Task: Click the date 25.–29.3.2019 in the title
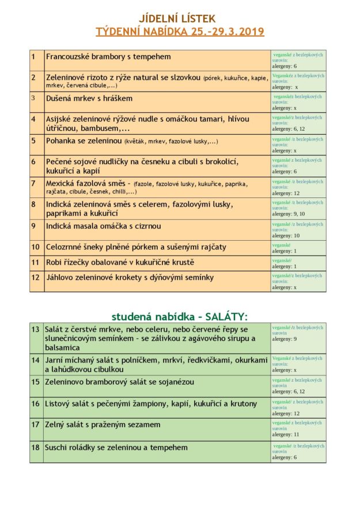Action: click(225, 31)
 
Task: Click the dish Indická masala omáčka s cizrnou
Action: click(104, 226)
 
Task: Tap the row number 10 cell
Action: click(36, 247)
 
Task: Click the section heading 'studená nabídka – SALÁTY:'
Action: click(179, 316)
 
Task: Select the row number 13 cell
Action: click(36, 329)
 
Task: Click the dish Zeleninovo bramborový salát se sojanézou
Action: click(120, 382)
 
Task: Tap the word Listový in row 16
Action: click(60, 404)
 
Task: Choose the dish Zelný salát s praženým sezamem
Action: click(103, 425)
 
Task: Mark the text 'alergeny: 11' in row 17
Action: click(286, 435)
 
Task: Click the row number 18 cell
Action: click(36, 447)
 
